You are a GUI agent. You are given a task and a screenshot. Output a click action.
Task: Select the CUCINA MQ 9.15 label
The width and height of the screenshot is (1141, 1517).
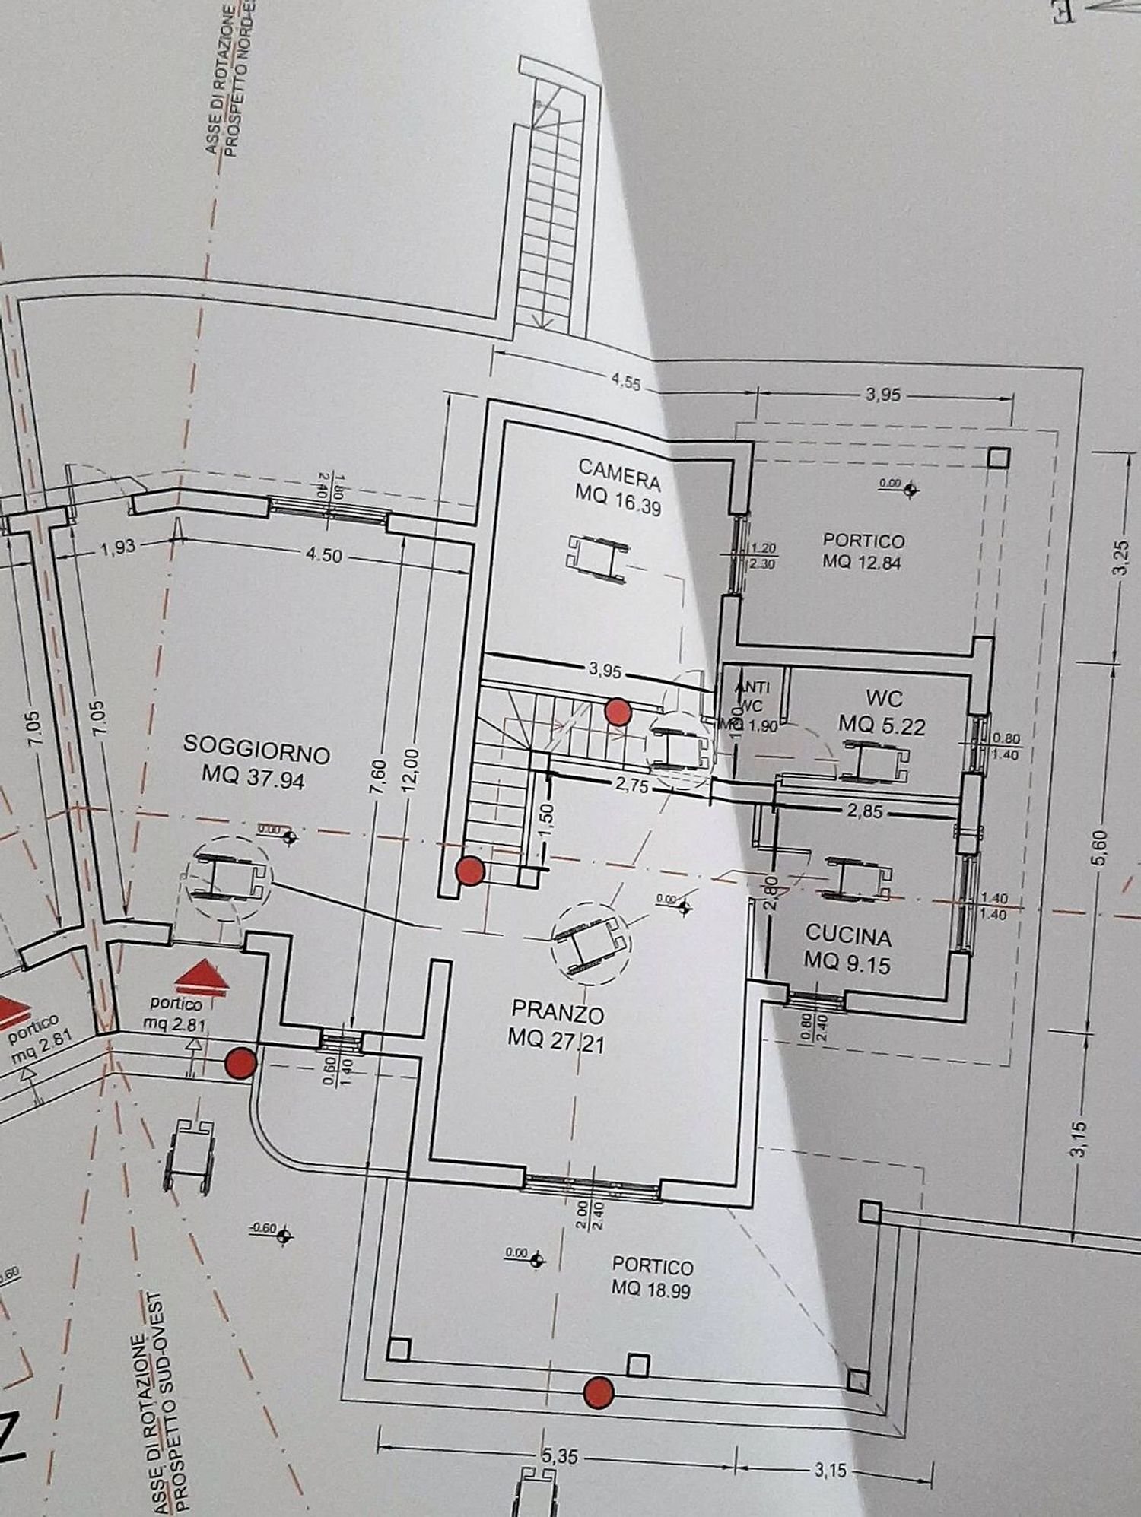(x=847, y=948)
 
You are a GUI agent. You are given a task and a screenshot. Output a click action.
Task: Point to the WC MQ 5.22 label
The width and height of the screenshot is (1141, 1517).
(x=882, y=712)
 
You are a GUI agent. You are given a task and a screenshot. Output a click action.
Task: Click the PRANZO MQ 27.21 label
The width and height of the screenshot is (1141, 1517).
(x=558, y=1027)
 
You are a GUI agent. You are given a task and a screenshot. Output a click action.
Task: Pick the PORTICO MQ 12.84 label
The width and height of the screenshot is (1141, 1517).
(x=863, y=551)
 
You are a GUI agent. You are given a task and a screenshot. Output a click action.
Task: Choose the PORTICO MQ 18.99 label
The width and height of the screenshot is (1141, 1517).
(x=653, y=1277)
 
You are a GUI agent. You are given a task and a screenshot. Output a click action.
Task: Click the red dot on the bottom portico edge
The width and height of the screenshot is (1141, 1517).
(x=599, y=1392)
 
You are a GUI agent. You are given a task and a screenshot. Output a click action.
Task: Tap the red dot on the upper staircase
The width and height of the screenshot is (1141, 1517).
(x=617, y=712)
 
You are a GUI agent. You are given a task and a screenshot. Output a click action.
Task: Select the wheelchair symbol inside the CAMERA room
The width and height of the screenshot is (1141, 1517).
(x=598, y=559)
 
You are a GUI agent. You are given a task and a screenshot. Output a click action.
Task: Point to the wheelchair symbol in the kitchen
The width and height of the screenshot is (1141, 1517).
(x=858, y=878)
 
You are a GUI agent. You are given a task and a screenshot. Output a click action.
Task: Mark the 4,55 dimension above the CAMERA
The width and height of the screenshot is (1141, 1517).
(x=625, y=382)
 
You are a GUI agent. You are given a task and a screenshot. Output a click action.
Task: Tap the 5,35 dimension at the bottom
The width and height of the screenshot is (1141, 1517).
(x=561, y=1457)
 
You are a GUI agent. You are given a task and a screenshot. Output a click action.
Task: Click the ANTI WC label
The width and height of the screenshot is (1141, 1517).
(x=752, y=696)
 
